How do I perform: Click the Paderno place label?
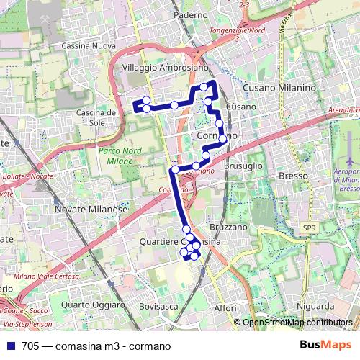[x=190, y=14]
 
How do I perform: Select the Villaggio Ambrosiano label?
[x=166, y=66]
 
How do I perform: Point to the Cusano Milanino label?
[x=279, y=87]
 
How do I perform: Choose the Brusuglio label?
[x=243, y=165]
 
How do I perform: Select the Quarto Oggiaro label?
[x=89, y=305]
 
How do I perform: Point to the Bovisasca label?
[x=159, y=306]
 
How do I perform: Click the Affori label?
[x=225, y=308]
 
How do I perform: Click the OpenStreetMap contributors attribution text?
[x=297, y=323]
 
